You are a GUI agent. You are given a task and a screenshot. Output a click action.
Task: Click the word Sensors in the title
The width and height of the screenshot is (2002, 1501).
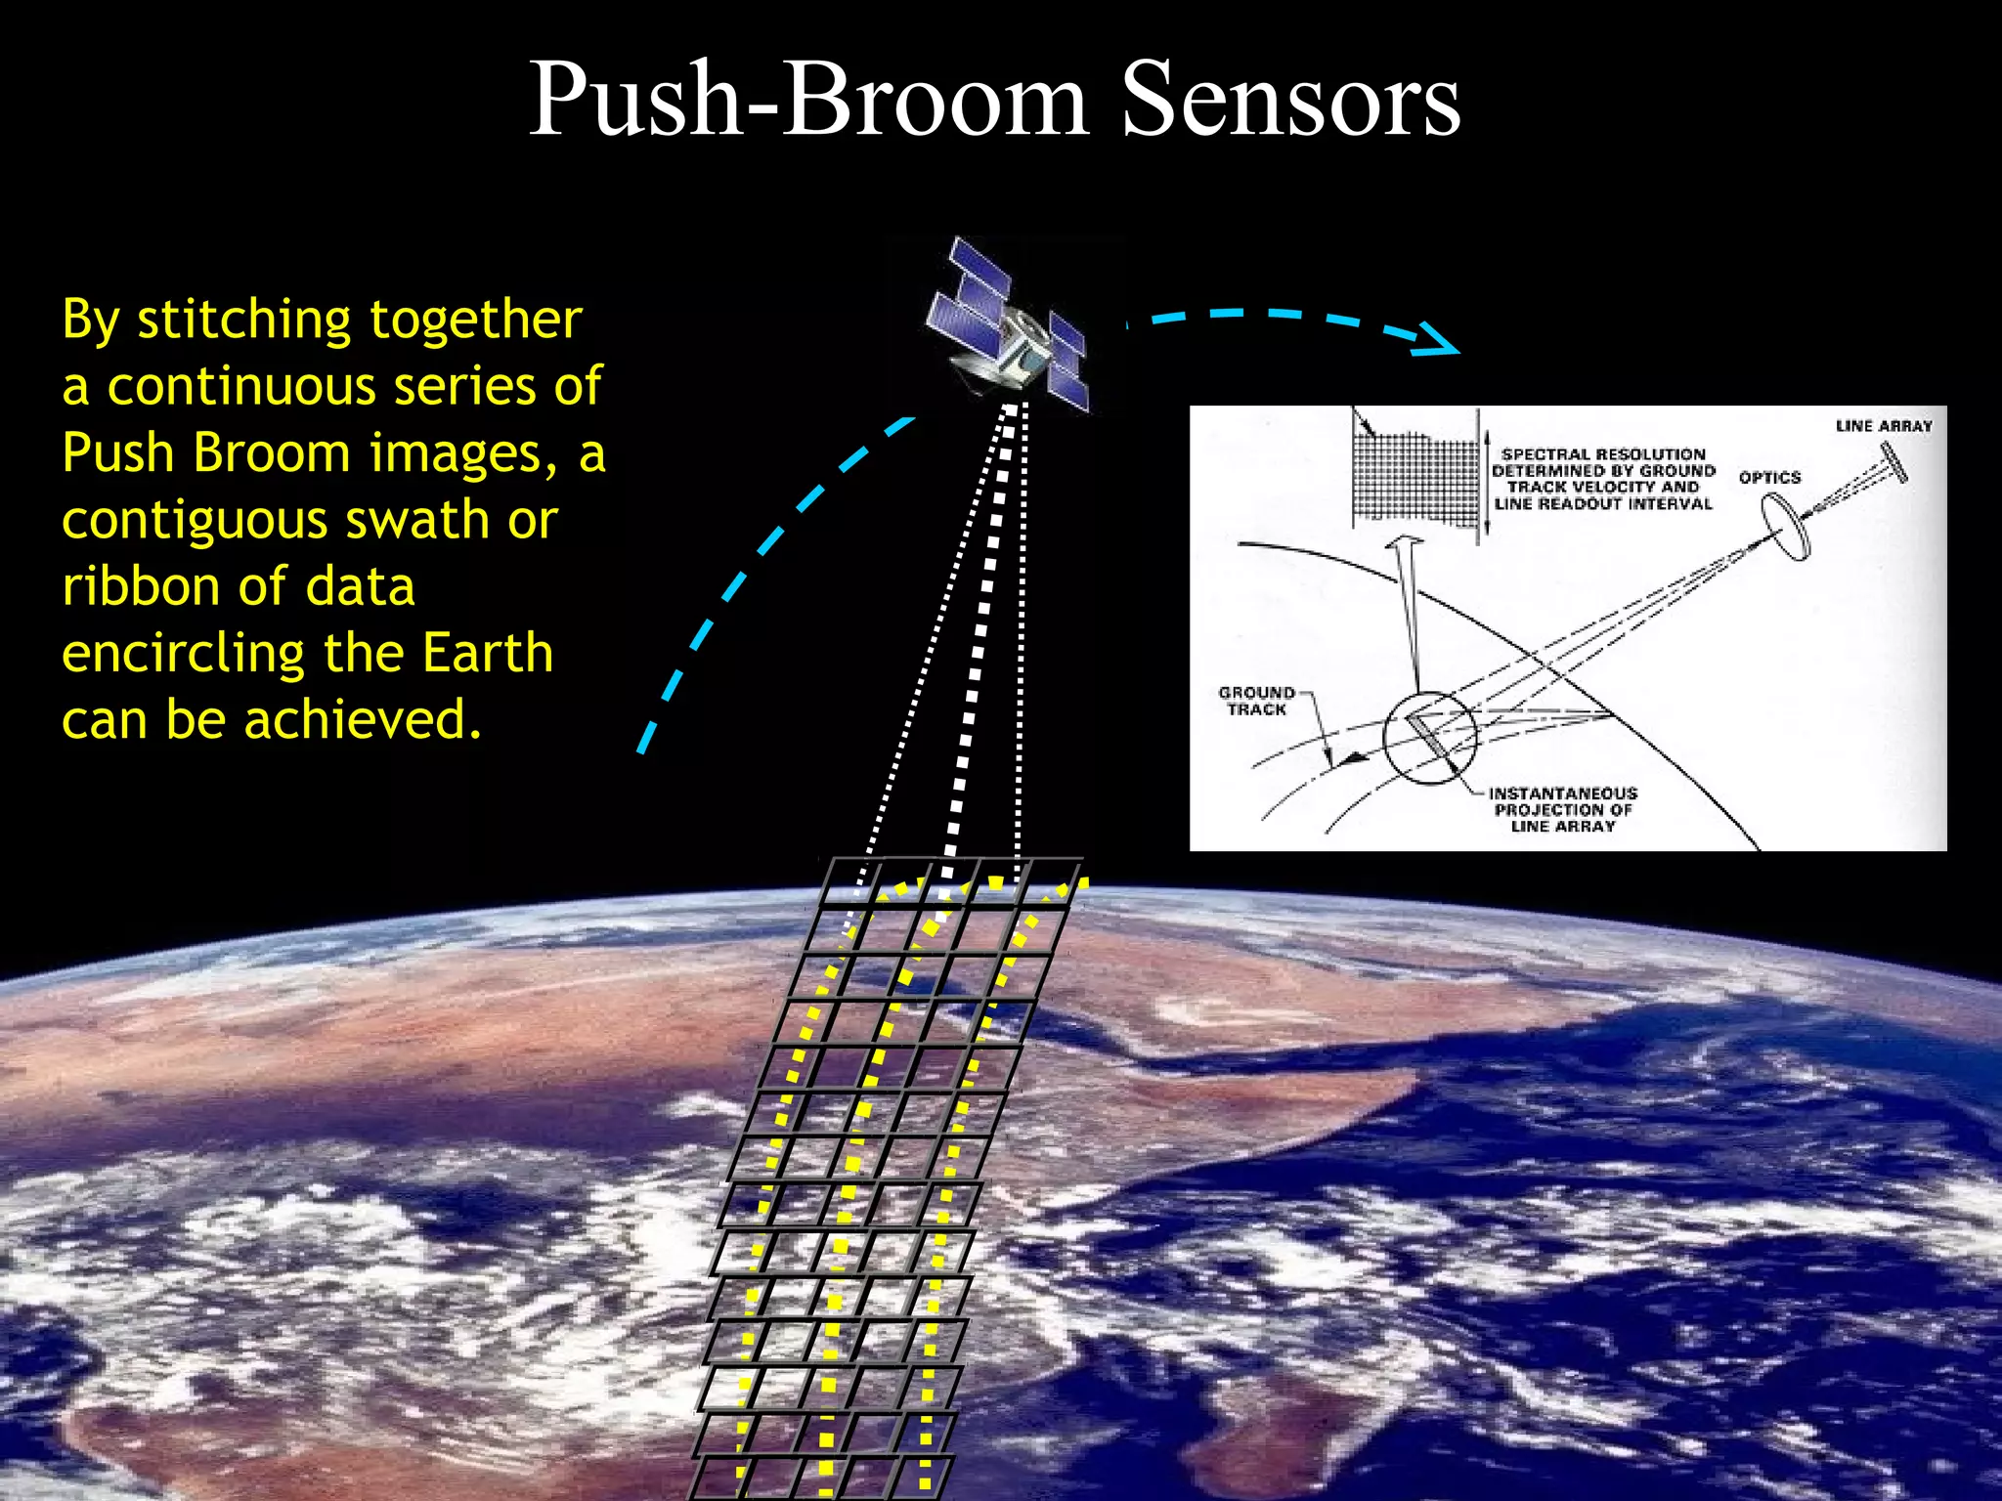click(x=1290, y=100)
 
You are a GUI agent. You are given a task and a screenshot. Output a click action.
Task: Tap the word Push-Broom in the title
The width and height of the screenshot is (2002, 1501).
click(x=807, y=100)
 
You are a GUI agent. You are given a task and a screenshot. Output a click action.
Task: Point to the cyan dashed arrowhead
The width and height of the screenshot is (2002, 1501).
click(x=1437, y=340)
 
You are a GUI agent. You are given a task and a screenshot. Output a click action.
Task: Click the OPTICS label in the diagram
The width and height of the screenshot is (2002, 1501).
click(x=1769, y=477)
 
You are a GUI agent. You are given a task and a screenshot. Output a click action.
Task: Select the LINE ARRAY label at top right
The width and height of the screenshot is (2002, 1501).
click(x=1884, y=426)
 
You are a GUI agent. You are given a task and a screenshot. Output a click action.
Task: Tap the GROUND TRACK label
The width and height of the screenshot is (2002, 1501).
click(x=1256, y=701)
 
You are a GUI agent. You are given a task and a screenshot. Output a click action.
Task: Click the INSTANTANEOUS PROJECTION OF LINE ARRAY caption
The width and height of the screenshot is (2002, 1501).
click(x=1562, y=810)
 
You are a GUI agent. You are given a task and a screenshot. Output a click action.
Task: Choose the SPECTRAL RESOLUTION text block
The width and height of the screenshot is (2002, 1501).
click(x=1603, y=479)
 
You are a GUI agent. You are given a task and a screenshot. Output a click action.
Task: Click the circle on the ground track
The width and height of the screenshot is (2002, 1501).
click(x=1429, y=739)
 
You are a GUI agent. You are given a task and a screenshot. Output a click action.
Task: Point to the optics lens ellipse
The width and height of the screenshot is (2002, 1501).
click(x=1786, y=527)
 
